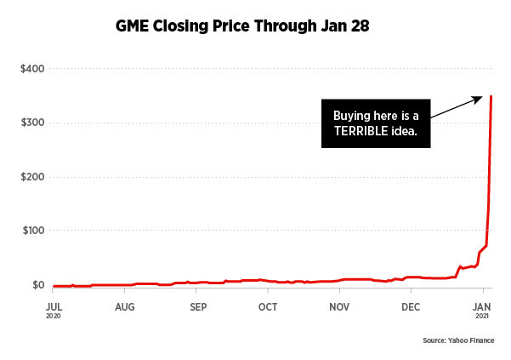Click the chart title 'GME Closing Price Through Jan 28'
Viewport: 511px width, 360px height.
tap(242, 27)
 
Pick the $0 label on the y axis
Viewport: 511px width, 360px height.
tap(38, 285)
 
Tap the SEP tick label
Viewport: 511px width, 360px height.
tap(197, 305)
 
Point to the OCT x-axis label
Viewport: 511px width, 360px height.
tap(268, 305)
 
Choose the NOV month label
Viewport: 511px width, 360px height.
tap(339, 305)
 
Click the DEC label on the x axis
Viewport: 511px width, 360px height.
tap(411, 305)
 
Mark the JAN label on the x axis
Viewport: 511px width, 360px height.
tap(483, 305)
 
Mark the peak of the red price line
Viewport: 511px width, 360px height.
tap(491, 96)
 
